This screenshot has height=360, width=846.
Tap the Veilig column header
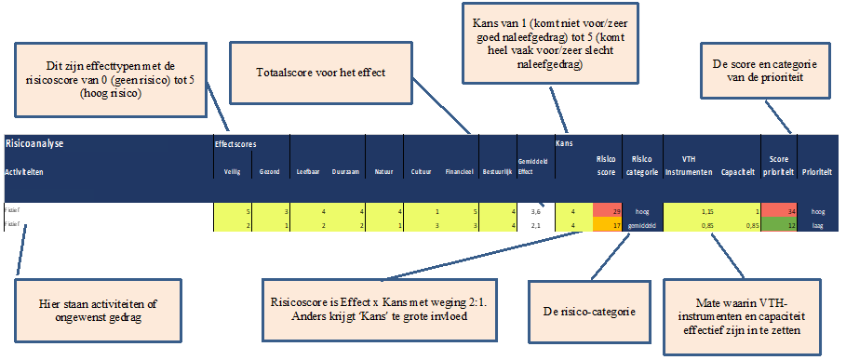[x=232, y=172]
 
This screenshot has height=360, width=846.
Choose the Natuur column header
[x=384, y=172]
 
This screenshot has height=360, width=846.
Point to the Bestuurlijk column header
[x=497, y=172]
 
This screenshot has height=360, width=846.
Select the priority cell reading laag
[x=818, y=224]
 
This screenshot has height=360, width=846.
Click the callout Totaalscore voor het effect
[x=321, y=73]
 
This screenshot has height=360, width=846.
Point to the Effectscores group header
[x=235, y=144]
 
